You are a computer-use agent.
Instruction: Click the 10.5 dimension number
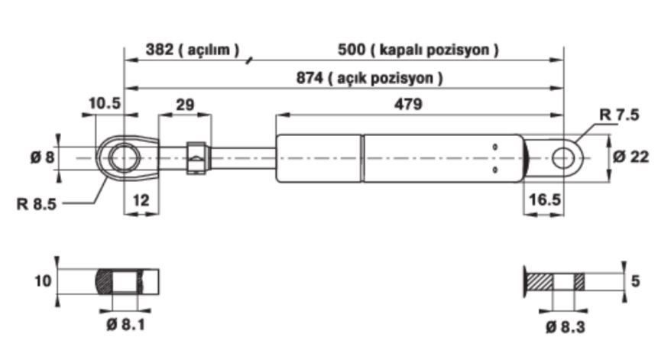[105, 102]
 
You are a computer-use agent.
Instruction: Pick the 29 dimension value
[185, 105]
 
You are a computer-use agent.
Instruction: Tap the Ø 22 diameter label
[630, 157]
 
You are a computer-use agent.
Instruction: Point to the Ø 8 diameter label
[43, 157]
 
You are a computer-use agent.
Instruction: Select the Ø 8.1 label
[125, 324]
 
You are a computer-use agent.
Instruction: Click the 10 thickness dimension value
[44, 281]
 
